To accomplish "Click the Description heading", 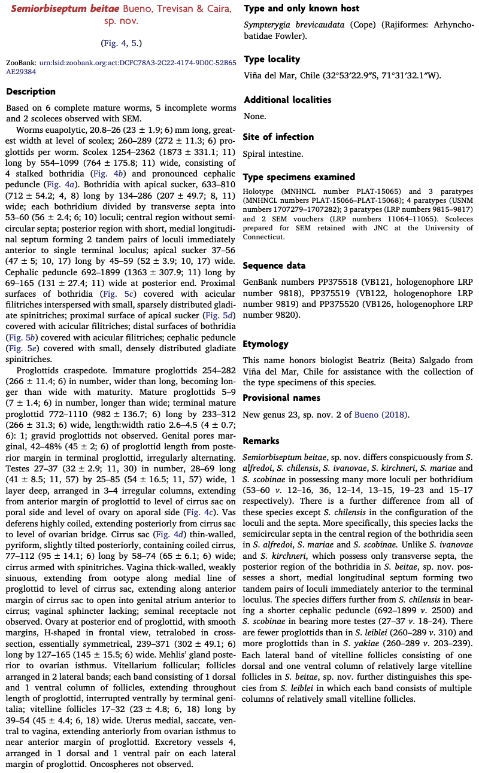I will (31, 92).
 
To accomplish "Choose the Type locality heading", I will (272, 59).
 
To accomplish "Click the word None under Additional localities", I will (254, 116).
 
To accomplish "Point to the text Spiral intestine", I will (273, 154).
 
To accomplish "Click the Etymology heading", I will (265, 344).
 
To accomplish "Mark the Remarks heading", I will (261, 441).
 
